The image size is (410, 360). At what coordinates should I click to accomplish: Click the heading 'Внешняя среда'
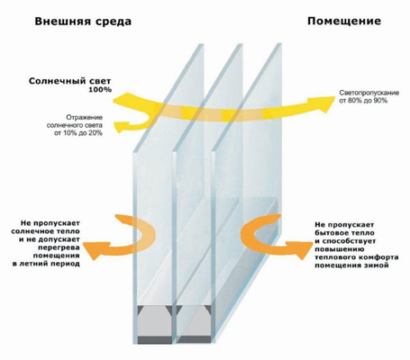83,22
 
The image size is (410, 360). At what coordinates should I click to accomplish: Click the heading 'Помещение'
344,22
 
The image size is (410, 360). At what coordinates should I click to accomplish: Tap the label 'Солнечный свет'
70,81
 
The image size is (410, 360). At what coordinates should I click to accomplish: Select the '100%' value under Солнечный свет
100,89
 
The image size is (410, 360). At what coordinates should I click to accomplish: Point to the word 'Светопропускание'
369,93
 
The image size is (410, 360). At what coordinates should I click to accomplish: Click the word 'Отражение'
85,117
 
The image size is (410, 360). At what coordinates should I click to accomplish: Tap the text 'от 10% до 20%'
78,133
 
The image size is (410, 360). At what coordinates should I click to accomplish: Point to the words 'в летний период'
46,265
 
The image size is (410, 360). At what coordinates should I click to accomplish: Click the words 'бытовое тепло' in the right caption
345,233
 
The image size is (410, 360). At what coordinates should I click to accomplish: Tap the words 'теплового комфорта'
357,257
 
